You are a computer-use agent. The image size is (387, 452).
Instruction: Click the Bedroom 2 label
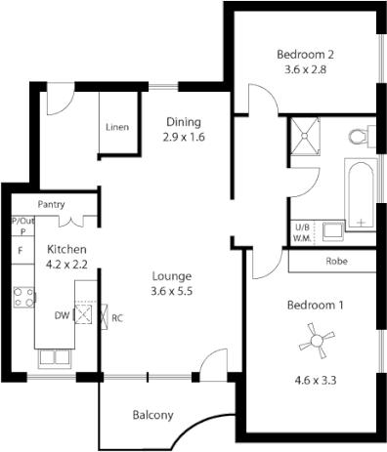[305, 54]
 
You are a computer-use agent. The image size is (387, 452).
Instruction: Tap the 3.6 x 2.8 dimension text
[305, 69]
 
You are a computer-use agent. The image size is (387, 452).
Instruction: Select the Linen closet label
[117, 128]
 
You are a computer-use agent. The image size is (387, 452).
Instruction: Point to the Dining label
[184, 121]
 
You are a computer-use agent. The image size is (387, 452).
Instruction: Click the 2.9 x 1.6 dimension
[184, 137]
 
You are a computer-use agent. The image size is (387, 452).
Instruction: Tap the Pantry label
[51, 205]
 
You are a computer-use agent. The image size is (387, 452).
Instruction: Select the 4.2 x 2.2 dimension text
[66, 264]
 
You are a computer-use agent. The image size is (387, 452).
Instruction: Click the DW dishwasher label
[62, 316]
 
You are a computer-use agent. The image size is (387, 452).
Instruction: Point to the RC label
[117, 317]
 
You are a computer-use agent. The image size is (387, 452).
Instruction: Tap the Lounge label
[171, 275]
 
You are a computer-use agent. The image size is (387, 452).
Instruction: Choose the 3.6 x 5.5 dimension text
[171, 291]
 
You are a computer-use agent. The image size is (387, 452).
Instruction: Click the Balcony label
[152, 415]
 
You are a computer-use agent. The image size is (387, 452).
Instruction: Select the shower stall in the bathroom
[303, 138]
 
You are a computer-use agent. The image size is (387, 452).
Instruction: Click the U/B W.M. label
[303, 231]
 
